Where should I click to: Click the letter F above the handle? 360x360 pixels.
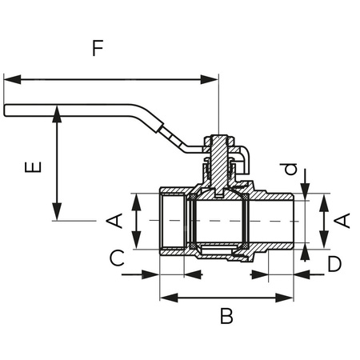(x=97, y=48)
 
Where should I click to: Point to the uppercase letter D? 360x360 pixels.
(x=334, y=263)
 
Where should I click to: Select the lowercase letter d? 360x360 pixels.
(x=291, y=170)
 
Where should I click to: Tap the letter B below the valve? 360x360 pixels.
(x=226, y=317)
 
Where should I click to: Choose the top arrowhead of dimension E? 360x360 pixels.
(x=56, y=112)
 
